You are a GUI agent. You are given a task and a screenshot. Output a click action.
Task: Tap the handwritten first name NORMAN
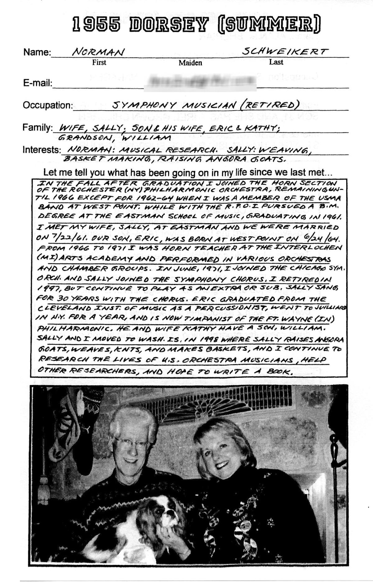99,52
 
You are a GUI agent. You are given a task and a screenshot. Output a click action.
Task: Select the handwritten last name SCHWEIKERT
285,51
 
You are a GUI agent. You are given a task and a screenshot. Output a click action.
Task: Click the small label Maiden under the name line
190,63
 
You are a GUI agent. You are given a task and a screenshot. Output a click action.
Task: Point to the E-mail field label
37,83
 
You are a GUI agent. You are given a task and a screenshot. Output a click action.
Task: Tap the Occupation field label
48,105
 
